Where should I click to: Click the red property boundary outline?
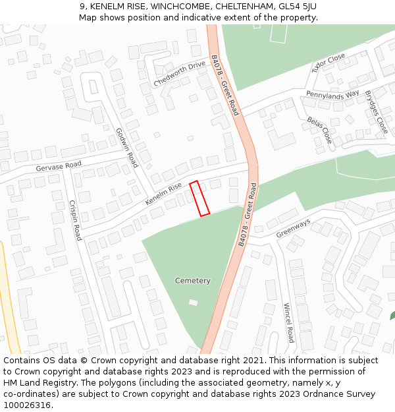pyautogui.click(x=199, y=198)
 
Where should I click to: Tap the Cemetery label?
pyautogui.click(x=193, y=281)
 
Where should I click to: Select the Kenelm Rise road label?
pyautogui.click(x=163, y=193)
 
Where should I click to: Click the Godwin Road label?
pyautogui.click(x=127, y=147)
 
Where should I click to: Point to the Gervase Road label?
pyautogui.click(x=59, y=167)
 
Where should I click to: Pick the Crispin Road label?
pyautogui.click(x=75, y=220)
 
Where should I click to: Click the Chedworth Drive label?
pyautogui.click(x=180, y=74)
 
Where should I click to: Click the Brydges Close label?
pyautogui.click(x=377, y=112)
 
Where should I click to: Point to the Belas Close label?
pyautogui.click(x=320, y=130)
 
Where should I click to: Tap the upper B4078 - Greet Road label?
pyautogui.click(x=224, y=85)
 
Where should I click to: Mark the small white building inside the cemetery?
pyautogui.click(x=193, y=303)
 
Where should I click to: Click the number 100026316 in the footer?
pyautogui.click(x=27, y=405)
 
